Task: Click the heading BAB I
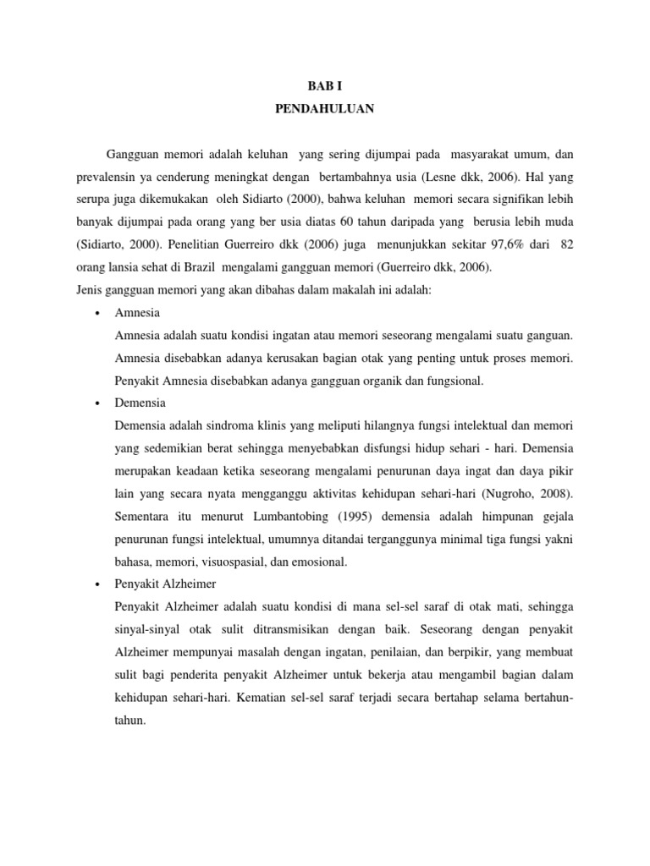[x=325, y=86]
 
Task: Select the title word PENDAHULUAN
[x=325, y=109]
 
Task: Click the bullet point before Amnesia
[x=99, y=313]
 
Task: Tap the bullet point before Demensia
[x=99, y=403]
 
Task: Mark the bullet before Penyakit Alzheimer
[x=99, y=585]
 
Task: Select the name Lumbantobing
[x=243, y=516]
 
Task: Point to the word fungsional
[x=453, y=381]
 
